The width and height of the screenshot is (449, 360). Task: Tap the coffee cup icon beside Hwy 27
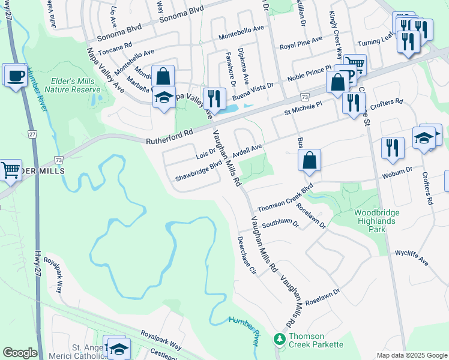14,76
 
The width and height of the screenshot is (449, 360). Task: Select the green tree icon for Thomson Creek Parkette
279,340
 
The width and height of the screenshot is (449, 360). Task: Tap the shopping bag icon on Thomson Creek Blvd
309,161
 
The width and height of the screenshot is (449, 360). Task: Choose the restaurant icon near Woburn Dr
392,147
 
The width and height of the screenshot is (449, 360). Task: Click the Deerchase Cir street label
247,255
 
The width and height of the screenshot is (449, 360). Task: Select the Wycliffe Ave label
412,257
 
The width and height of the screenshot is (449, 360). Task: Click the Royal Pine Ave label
301,44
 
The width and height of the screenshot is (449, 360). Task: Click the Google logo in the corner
20,353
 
